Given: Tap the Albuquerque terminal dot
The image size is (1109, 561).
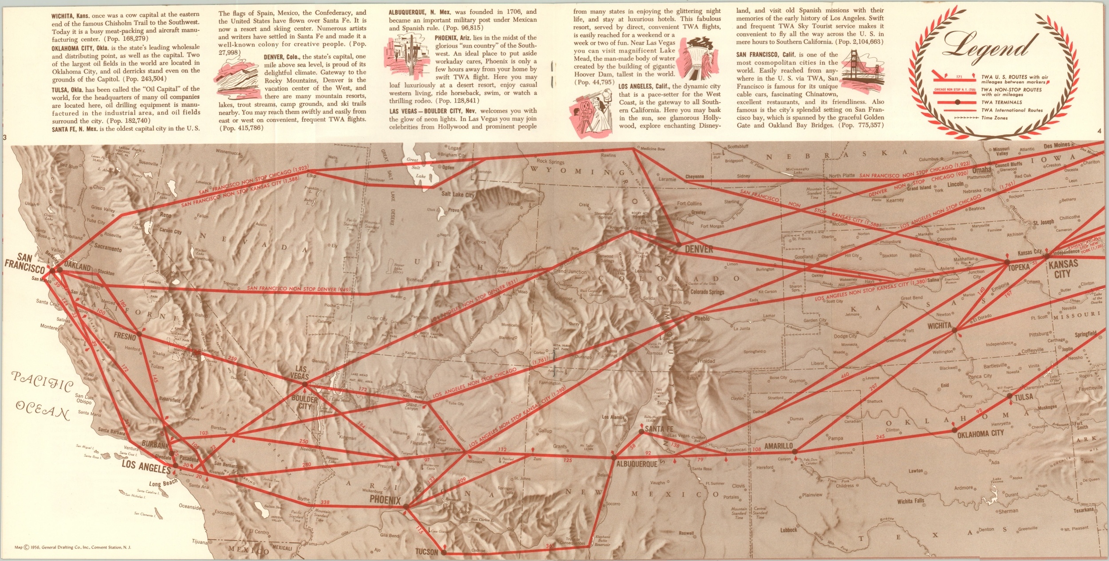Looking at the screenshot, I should pyautogui.click(x=614, y=457).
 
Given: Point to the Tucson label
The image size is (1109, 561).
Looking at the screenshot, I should pyautogui.click(x=426, y=552).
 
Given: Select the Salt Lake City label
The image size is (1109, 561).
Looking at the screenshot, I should pyautogui.click(x=458, y=195).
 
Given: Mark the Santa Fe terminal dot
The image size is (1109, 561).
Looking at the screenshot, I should pyautogui.click(x=641, y=431).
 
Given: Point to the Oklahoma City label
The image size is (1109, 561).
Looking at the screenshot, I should pyautogui.click(x=980, y=434).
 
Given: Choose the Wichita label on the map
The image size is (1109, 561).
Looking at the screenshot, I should pyautogui.click(x=939, y=326).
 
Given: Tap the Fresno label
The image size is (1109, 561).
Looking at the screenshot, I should pyautogui.click(x=125, y=337).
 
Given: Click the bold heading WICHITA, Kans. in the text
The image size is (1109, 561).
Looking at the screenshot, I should pyautogui.click(x=71, y=16).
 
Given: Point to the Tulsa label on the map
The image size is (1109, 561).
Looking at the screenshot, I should pyautogui.click(x=1024, y=396).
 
